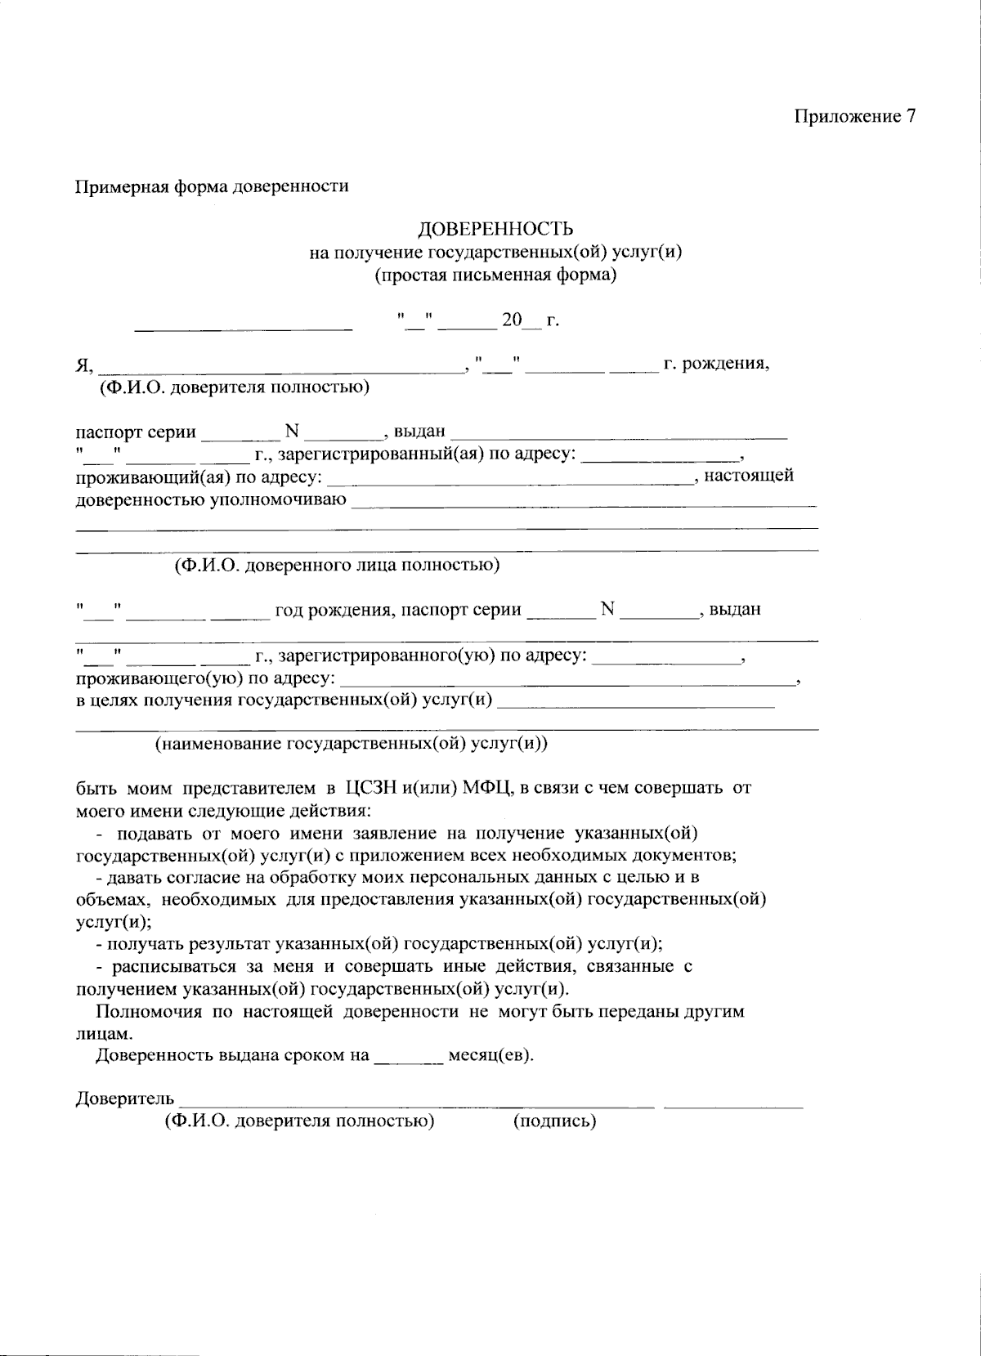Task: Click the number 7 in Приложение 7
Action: pyautogui.click(x=910, y=116)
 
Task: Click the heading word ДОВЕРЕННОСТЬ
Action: pyautogui.click(x=495, y=229)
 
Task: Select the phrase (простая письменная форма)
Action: pyautogui.click(x=495, y=275)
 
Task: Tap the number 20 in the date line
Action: pyautogui.click(x=511, y=320)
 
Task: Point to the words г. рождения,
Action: pyautogui.click(x=716, y=363)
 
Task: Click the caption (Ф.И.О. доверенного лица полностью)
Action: pyautogui.click(x=337, y=565)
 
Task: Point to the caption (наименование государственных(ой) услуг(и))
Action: pyautogui.click(x=352, y=744)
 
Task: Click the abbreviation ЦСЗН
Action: pyautogui.click(x=372, y=789)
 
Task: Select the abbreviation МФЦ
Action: pyautogui.click(x=486, y=789)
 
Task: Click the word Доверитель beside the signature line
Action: pyautogui.click(x=125, y=1098)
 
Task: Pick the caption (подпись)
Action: pyautogui.click(x=554, y=1121)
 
